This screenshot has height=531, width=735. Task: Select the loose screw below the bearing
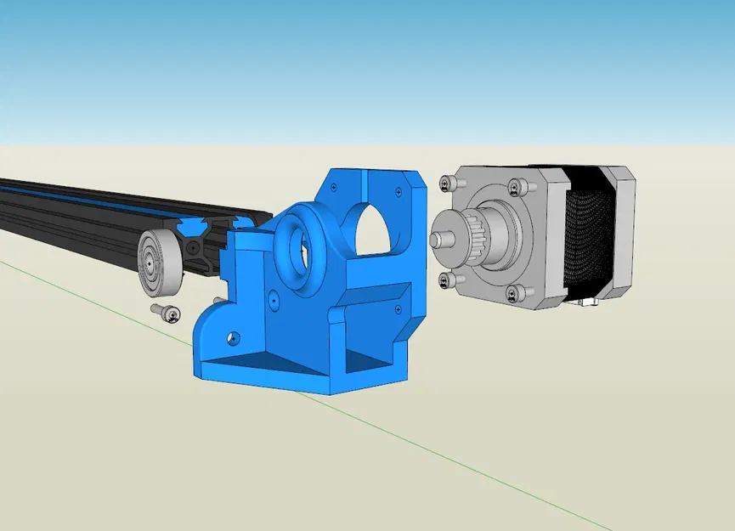click(x=167, y=313)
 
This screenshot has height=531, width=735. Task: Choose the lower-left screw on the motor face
click(x=446, y=280)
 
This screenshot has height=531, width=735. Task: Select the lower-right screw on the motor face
click(x=512, y=293)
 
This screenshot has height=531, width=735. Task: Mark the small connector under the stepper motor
click(x=586, y=302)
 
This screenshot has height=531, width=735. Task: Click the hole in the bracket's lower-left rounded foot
click(x=231, y=337)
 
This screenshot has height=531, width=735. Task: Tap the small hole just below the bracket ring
click(x=274, y=299)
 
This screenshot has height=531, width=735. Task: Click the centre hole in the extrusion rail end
click(x=195, y=247)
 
